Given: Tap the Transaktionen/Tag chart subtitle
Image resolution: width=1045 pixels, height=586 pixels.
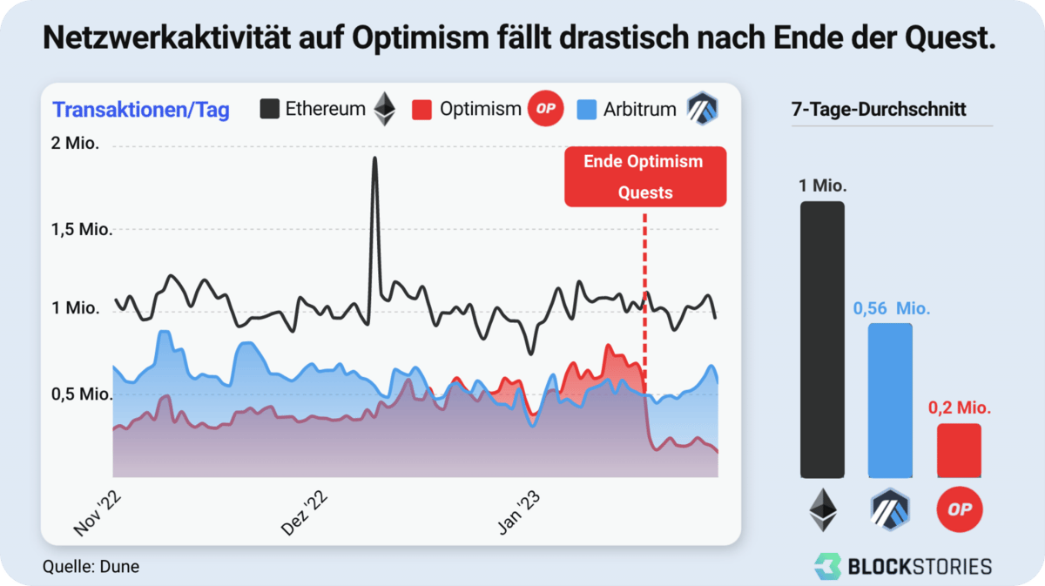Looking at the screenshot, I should pos(141,110).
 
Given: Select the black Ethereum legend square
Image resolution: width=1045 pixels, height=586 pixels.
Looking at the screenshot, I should pos(270,109).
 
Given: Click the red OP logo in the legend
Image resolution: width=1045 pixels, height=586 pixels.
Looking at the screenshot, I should pos(546,109).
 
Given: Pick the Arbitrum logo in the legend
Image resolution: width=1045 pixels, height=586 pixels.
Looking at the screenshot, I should pos(701,109).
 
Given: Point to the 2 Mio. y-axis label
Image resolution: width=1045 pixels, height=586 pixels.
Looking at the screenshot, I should pos(76,144).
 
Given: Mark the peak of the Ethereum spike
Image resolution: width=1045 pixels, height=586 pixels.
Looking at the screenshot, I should pos(375,158).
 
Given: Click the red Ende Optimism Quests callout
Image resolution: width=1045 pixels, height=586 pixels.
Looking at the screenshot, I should pos(644,177).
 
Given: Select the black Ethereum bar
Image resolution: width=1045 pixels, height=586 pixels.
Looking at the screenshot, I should pos(822,340).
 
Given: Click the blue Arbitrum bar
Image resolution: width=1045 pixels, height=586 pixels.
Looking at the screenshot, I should pos(890,401).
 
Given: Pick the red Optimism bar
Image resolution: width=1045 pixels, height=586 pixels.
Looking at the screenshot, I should pos(959,450).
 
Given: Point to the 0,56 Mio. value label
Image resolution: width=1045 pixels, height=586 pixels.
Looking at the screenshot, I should pos(891,308).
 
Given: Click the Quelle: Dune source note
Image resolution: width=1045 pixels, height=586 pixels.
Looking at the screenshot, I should pos(91,567).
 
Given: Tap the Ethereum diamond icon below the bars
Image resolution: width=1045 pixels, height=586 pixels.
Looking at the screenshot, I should pos(822,509).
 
